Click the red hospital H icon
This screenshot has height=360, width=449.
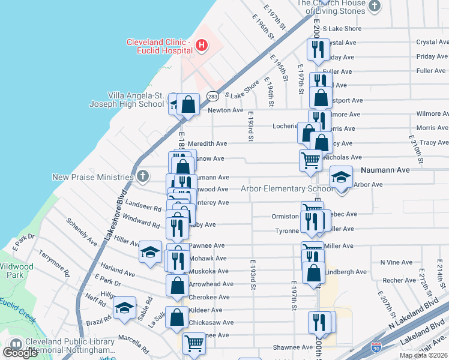point(202,45)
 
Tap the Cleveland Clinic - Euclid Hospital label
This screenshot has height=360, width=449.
point(158,46)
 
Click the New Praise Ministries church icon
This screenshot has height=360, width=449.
point(142,176)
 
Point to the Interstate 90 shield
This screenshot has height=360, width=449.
point(376,347)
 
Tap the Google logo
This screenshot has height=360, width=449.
point(20,352)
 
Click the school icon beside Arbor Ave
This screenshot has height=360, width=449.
point(341,178)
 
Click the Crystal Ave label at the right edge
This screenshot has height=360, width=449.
point(432,43)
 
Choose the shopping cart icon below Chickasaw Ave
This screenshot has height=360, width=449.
point(194,344)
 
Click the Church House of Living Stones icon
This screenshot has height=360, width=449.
point(375,7)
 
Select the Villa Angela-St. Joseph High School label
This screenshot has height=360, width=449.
point(127,100)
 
